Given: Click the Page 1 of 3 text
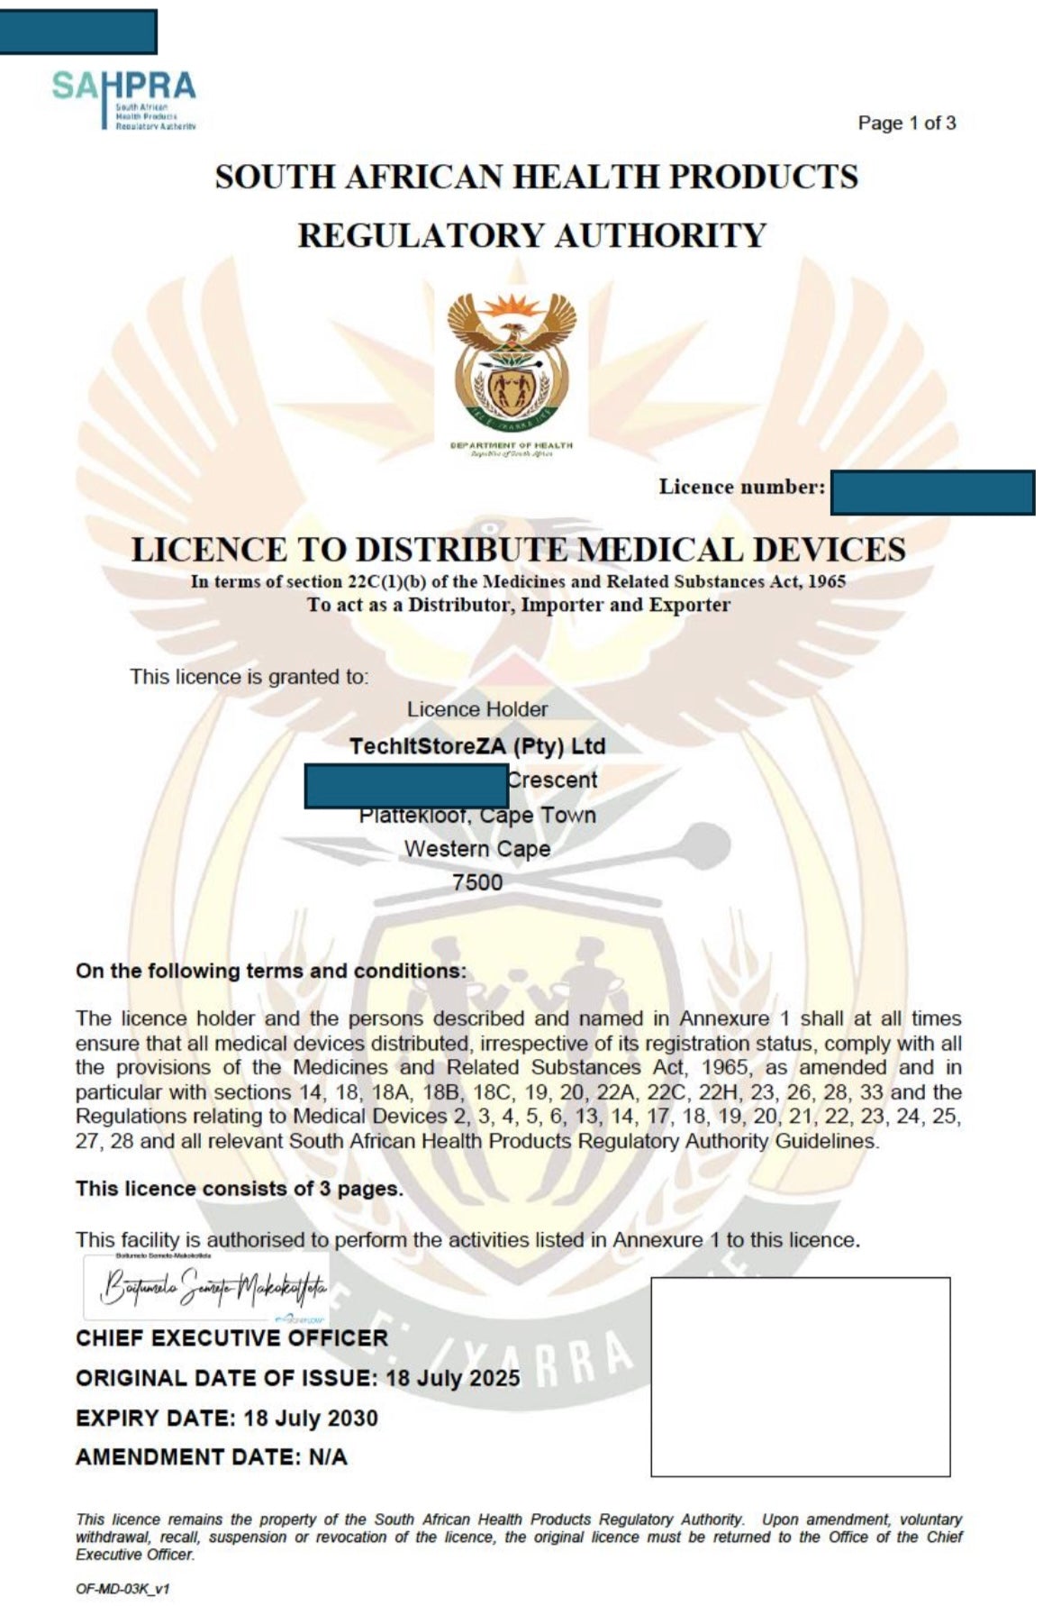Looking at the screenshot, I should coord(906,123).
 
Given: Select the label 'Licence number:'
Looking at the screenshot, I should coord(741,488).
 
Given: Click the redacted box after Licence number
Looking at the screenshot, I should coord(931,492).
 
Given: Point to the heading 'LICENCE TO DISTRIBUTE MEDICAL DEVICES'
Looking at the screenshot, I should coord(518,549).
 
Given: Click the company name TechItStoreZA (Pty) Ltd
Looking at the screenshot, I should coord(476,746).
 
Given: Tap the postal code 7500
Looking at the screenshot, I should coord(476,882).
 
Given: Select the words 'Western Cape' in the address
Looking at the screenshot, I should coord(476,849).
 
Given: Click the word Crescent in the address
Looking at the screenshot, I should coord(551,780).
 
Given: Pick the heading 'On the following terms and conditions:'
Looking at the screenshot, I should coord(271,972).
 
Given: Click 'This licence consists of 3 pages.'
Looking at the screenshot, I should coord(239,1189).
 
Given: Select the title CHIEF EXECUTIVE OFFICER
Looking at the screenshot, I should coord(231,1338).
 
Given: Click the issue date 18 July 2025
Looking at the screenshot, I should coord(452,1379).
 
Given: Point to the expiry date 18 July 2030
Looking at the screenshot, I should coord(310,1419).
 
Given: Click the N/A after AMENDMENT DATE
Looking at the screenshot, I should coord(327,1457).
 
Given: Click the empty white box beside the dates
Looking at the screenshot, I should coord(800,1376).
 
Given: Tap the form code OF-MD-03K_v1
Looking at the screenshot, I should coord(122,1589).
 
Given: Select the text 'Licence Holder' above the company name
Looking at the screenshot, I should coord(476,709).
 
